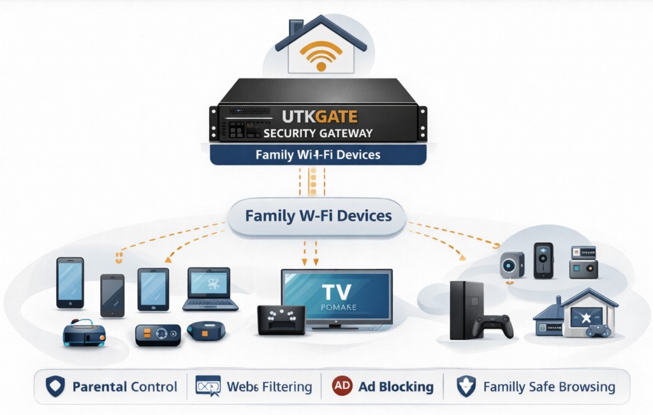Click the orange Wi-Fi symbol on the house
tap(320, 57)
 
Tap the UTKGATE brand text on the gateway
tap(319, 117)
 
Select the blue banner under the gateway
tap(318, 155)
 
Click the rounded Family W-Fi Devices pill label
tap(318, 215)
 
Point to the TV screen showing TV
tap(337, 295)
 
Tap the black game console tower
tap(466, 310)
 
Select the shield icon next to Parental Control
tap(55, 386)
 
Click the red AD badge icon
tap(342, 386)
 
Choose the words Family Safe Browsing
tap(549, 387)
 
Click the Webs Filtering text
tap(270, 387)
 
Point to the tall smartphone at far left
tap(70, 282)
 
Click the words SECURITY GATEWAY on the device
tap(318, 133)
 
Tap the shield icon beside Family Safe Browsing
tap(466, 386)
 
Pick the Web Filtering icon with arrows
tap(208, 386)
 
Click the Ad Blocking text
tap(395, 387)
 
